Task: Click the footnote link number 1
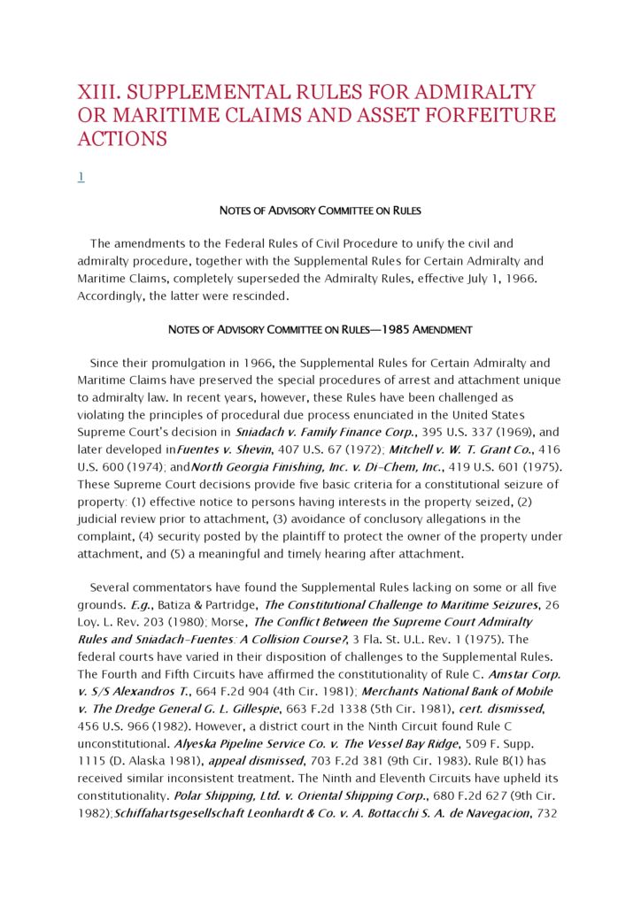pos(81,177)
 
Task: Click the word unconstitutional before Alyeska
pos(123,743)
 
